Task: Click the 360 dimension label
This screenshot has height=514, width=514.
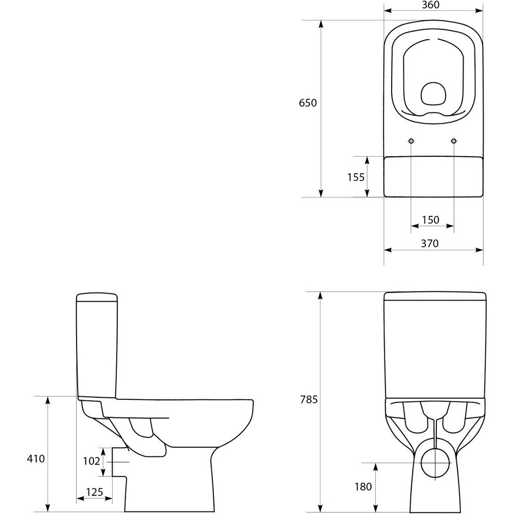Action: [x=430, y=5]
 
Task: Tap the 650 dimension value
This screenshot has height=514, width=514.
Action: [x=308, y=103]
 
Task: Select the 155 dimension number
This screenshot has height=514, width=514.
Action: [x=356, y=177]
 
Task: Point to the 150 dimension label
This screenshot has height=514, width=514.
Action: [x=431, y=219]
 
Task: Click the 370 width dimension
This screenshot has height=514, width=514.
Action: [x=429, y=243]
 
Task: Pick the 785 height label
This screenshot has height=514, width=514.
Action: [x=309, y=399]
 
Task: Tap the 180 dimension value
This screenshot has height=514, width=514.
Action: [x=363, y=487]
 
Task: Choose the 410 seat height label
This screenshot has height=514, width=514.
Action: [x=36, y=458]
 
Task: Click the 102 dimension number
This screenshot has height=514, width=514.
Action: [x=91, y=461]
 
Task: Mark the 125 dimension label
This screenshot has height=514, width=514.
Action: [x=95, y=492]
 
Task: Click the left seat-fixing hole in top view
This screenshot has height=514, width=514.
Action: [x=411, y=141]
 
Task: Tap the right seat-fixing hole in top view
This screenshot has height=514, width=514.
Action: [x=454, y=141]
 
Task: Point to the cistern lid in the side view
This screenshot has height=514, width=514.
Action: [x=97, y=297]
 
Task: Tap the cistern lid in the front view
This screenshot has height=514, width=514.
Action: [x=435, y=296]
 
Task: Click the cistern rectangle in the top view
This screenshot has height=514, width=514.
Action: [x=433, y=177]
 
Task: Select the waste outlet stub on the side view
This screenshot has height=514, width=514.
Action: [x=119, y=462]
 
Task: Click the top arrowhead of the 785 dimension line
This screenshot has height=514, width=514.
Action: [x=321, y=296]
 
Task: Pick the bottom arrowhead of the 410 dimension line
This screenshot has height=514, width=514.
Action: [x=48, y=507]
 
